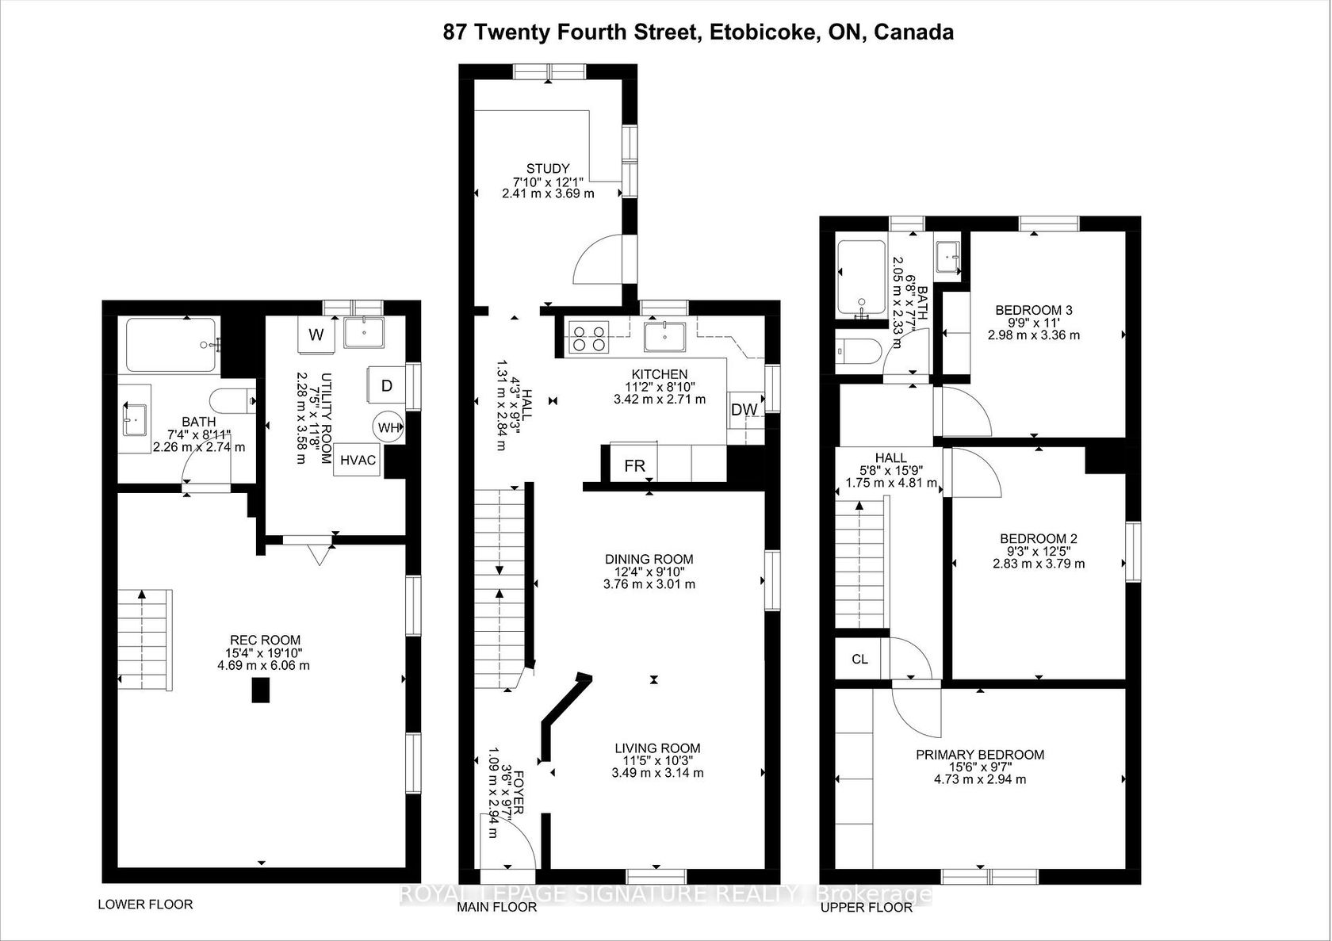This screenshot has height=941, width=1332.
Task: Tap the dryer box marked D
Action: click(x=387, y=386)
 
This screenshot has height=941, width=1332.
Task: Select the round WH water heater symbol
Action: click(x=388, y=427)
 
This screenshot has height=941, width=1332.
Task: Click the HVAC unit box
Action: click(x=358, y=460)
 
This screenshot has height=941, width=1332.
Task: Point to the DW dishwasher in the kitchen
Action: click(x=744, y=410)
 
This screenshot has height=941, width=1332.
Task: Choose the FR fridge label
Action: click(x=634, y=465)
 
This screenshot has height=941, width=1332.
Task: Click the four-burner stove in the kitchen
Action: click(x=588, y=338)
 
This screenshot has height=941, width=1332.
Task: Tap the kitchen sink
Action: click(x=664, y=338)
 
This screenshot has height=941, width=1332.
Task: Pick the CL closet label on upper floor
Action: click(x=859, y=660)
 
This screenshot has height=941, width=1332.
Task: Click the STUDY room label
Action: click(x=548, y=169)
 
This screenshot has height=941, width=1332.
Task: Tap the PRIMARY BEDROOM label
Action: click(x=980, y=755)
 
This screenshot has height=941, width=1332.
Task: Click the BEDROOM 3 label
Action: click(x=1034, y=310)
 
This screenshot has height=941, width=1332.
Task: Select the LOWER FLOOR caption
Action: click(x=145, y=905)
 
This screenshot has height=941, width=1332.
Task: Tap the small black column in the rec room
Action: click(x=260, y=690)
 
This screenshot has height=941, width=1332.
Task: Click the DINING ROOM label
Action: click(x=649, y=560)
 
